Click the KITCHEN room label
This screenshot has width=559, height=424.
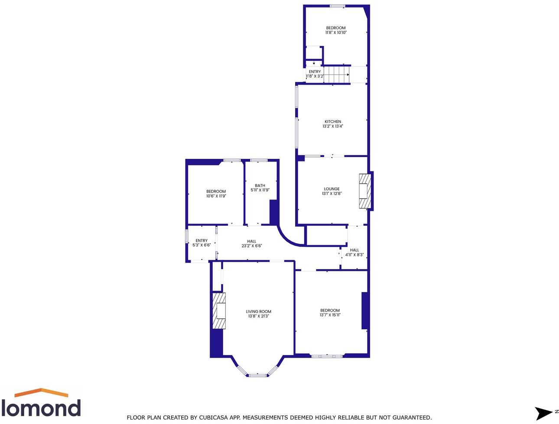tap(333, 122)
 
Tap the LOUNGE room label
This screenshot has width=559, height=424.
tap(331, 189)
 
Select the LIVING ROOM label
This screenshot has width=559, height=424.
tap(258, 312)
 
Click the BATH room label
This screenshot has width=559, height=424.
tap(260, 185)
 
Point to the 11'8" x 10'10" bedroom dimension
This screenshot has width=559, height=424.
tap(336, 33)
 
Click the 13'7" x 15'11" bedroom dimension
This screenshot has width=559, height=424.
tap(330, 315)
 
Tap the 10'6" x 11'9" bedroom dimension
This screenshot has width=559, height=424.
tap(216, 196)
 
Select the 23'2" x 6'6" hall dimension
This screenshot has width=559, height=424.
tap(252, 246)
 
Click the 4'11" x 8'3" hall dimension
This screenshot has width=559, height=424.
tap(354, 255)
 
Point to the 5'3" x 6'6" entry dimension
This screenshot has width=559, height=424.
tap(201, 245)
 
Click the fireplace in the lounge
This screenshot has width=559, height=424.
tap(365, 191)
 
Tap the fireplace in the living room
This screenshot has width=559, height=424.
tap(219, 311)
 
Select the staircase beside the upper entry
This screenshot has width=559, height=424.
tap(337, 74)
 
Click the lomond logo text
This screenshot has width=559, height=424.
tap(41, 408)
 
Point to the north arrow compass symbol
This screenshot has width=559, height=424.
tap(543, 413)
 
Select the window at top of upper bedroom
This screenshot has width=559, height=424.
tap(337, 6)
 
